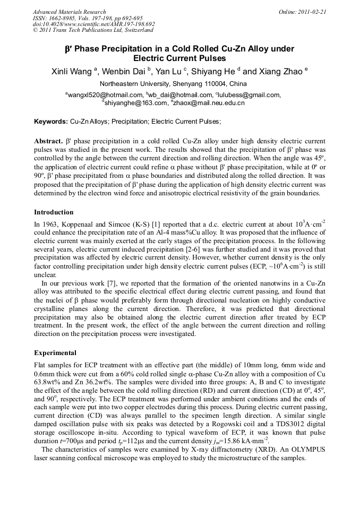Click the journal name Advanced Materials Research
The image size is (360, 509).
[x=69, y=12]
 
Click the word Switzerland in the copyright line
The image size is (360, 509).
[x=136, y=30]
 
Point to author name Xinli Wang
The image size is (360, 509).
[x=71, y=72]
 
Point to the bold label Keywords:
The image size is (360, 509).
[x=51, y=122]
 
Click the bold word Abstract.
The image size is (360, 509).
[x=48, y=143]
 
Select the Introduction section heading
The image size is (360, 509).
[x=54, y=212]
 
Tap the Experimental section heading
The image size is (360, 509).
[x=55, y=353]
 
